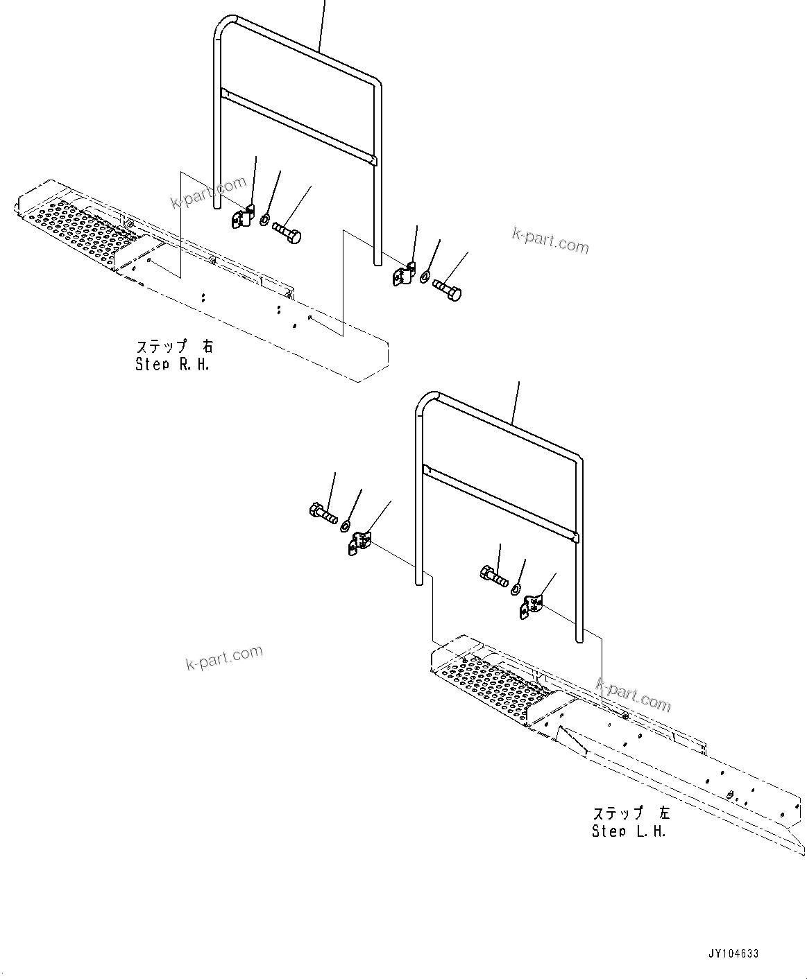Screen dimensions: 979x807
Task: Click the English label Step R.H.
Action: coord(172,364)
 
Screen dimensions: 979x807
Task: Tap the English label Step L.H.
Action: coord(629,831)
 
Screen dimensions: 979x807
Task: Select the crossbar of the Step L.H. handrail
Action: coord(500,503)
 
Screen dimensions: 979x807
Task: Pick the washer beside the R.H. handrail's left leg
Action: coord(265,220)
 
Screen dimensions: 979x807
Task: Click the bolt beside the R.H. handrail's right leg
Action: coord(447,289)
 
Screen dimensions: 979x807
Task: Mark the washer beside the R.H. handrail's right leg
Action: coord(424,277)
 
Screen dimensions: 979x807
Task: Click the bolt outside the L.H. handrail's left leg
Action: coord(323,514)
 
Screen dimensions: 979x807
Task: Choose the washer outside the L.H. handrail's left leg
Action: coord(345,527)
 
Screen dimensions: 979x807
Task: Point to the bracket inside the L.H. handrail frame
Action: coord(532,606)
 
